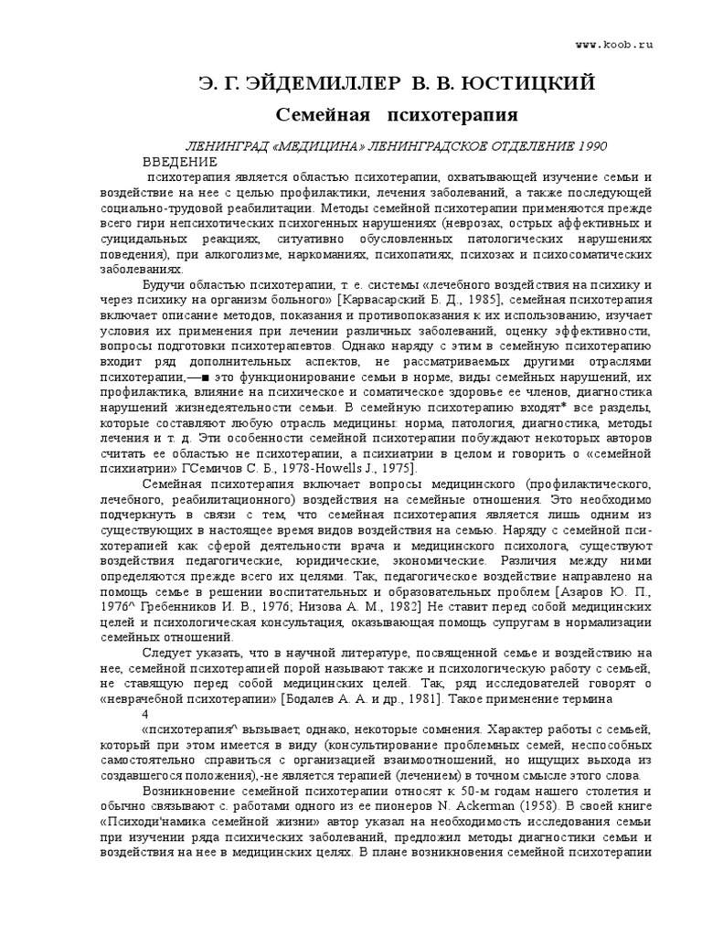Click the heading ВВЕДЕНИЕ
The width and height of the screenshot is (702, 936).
[x=181, y=161]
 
